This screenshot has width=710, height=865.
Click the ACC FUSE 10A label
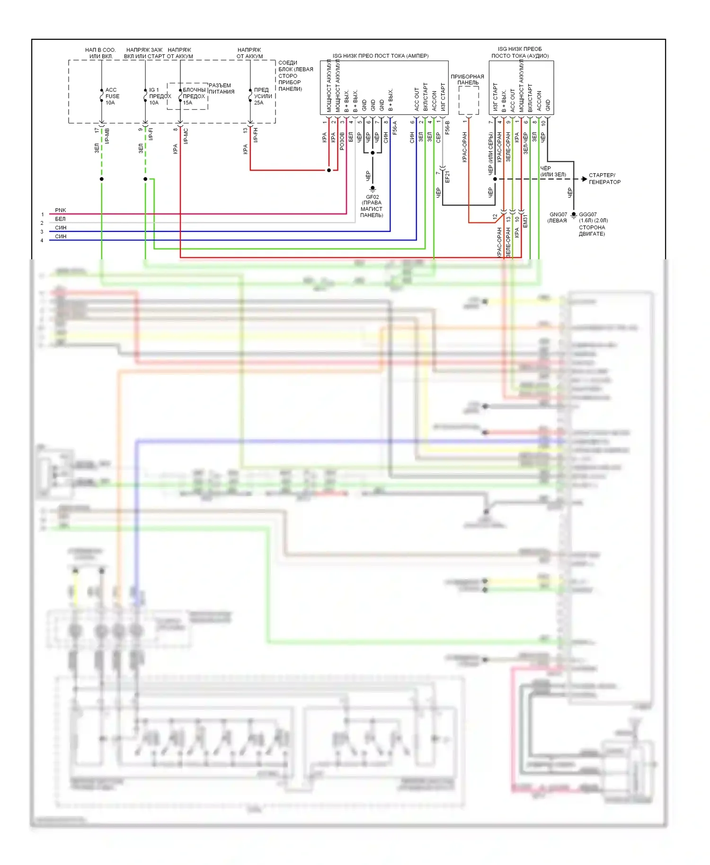tap(112, 96)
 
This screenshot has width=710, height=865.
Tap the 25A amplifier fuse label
tap(263, 96)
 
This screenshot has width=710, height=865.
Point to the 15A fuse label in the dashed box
tap(194, 96)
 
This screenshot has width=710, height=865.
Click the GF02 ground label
tap(372, 197)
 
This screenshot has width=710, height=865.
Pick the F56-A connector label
tap(395, 128)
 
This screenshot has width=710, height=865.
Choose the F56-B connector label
tap(447, 128)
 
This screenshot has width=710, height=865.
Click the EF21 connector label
tap(447, 177)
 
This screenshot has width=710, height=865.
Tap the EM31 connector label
tap(525, 221)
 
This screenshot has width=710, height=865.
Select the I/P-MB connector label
tap(107, 136)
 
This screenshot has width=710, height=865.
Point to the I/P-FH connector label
tap(256, 135)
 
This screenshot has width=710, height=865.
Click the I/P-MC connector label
tap(186, 136)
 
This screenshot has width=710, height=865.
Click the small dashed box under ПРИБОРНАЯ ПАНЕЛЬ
tap(468, 100)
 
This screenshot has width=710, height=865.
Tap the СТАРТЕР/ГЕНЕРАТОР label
tap(604, 178)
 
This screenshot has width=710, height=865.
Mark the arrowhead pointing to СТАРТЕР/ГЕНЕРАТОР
tap(585, 179)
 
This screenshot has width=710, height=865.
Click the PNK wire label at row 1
tap(61, 210)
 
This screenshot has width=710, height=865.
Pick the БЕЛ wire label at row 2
tap(60, 219)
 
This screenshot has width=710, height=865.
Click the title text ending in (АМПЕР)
tap(380, 56)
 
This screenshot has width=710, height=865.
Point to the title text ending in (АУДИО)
tap(520, 53)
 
